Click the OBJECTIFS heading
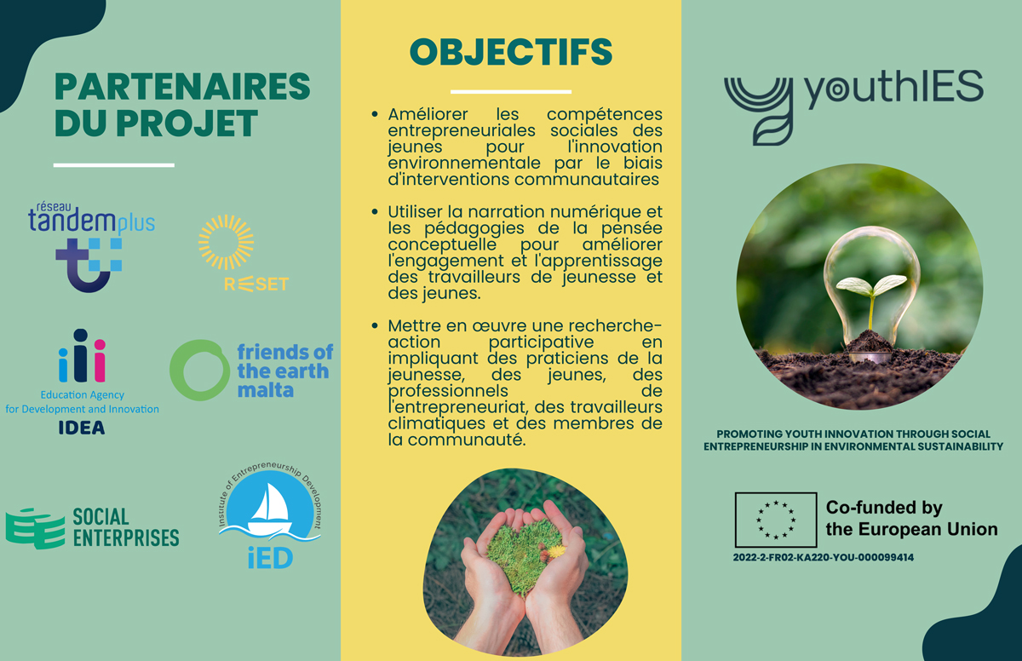pos(511,52)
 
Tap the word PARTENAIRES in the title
pos(182,86)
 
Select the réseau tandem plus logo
pos(91,246)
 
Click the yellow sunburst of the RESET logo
pos(227,242)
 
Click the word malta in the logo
pos(266,390)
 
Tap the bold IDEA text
pos(82,428)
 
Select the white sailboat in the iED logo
pos(271,509)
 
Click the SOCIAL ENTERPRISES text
pos(126,527)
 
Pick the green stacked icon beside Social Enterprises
pos(35,528)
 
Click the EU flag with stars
pos(776,520)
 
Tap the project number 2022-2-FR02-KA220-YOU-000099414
pos(823,557)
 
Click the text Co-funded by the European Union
pos(911,518)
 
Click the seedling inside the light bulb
pos(871,296)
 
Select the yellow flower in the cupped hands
pos(556,551)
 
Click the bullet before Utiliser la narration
pos(375,211)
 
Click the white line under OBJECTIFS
pos(510,92)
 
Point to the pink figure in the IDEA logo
pos(100,361)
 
